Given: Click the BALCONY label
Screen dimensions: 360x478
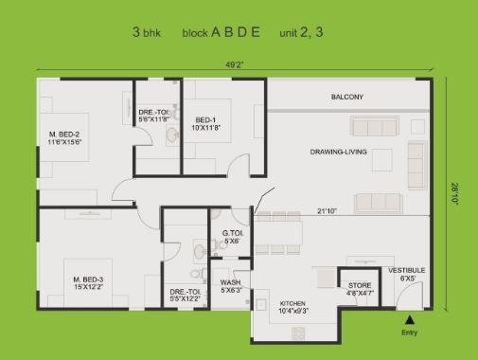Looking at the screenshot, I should pos(346,98).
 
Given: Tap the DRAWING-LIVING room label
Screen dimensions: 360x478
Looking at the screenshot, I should pos(338,151).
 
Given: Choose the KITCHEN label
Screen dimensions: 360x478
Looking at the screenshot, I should pos(293,302).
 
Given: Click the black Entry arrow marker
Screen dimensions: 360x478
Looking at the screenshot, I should pos(409,321).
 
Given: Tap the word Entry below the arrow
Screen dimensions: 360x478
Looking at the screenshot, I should pos(409,333).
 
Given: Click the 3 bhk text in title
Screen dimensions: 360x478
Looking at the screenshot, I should pos(150,31).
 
